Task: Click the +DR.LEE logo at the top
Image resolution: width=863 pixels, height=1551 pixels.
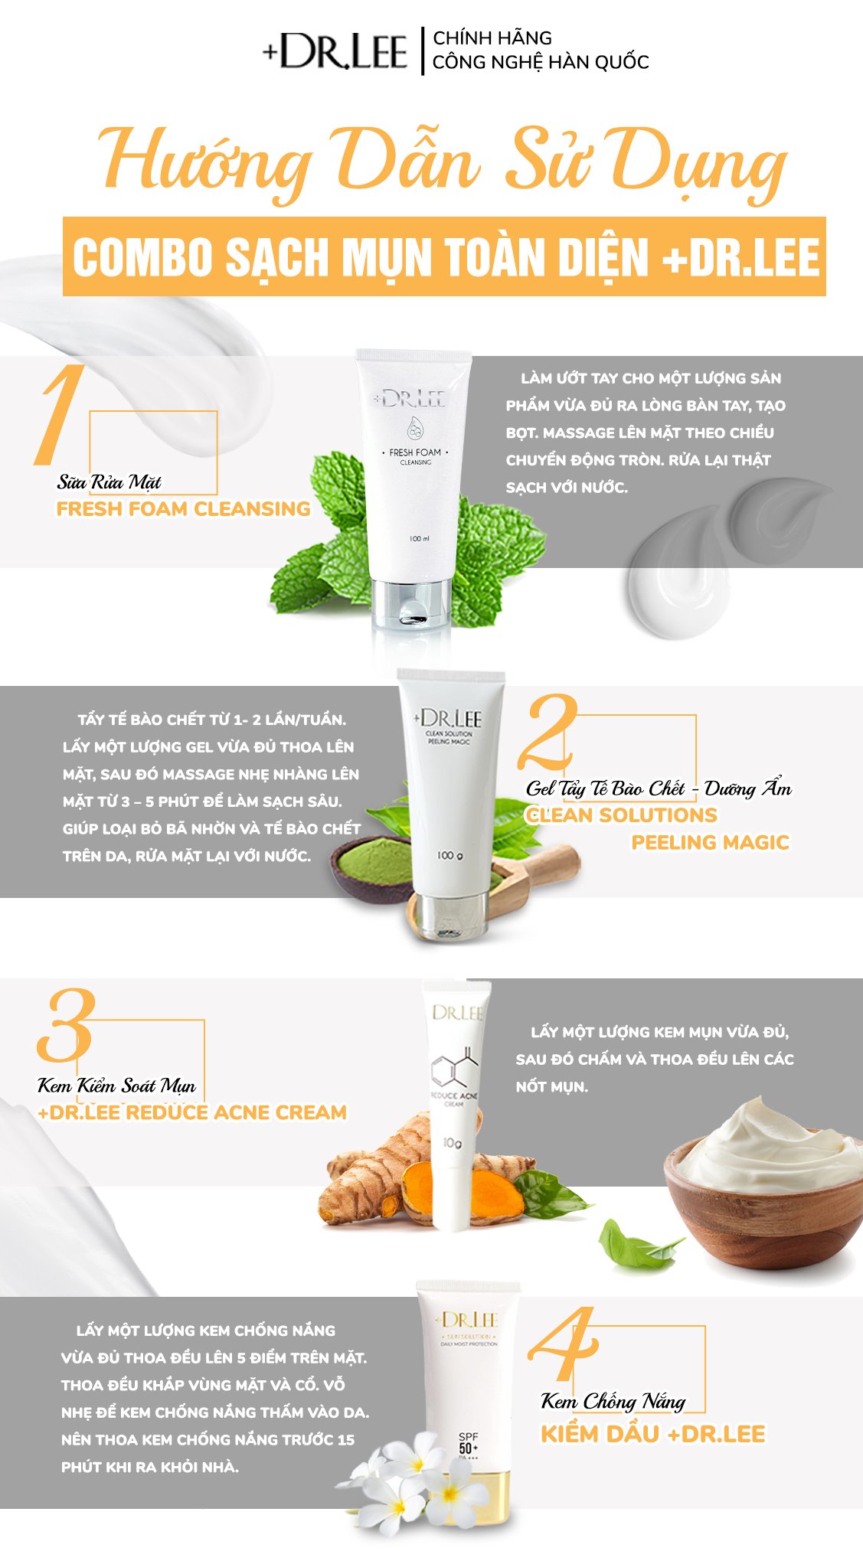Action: (335, 51)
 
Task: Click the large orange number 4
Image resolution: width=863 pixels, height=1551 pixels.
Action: (564, 1344)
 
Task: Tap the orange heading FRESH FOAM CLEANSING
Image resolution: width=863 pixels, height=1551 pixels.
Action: (184, 509)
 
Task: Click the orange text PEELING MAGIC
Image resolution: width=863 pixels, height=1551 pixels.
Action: (710, 843)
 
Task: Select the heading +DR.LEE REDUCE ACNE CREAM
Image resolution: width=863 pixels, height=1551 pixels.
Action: (192, 1112)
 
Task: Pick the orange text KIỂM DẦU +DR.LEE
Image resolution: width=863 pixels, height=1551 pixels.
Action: (653, 1434)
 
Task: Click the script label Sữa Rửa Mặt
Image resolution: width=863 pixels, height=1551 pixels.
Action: (110, 482)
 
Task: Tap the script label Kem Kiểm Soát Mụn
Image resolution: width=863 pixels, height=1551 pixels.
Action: (116, 1086)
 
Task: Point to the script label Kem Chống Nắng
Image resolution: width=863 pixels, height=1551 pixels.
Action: (613, 1402)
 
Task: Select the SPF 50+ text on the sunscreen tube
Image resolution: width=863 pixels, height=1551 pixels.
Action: (468, 1443)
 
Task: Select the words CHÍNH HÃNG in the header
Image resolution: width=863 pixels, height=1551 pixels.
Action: (492, 38)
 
